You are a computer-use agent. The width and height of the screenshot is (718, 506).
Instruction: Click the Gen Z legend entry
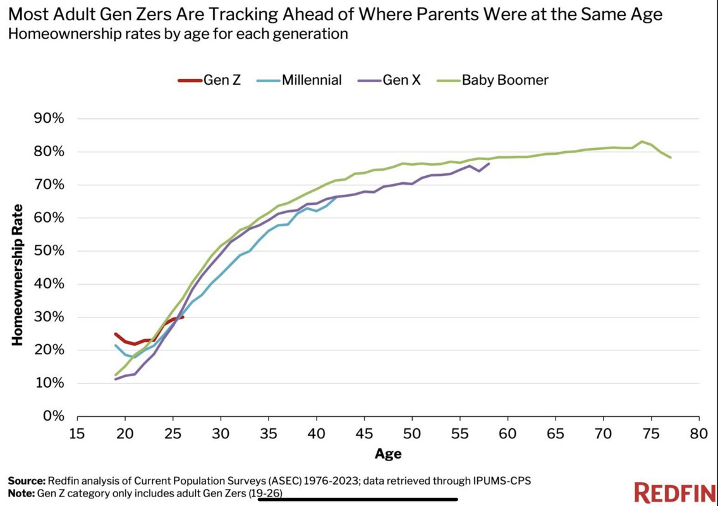[x=209, y=80]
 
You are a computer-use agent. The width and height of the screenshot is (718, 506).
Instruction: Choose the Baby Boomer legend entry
[x=492, y=80]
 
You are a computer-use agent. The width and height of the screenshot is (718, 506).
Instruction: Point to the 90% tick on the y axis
[x=49, y=119]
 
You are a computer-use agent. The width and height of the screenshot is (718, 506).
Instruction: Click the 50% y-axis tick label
[x=49, y=250]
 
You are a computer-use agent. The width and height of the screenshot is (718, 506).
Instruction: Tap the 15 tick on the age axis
[x=77, y=433]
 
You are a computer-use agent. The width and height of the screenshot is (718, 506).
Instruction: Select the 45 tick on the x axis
[x=364, y=433]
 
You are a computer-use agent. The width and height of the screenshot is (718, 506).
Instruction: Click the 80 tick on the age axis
[x=699, y=433]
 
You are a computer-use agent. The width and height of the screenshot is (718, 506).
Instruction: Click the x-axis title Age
[x=388, y=454]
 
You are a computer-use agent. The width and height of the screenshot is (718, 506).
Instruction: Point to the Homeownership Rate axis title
[x=17, y=275]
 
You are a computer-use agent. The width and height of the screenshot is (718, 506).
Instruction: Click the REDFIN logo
[x=674, y=492]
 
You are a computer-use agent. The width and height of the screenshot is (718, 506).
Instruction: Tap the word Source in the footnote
[x=27, y=481]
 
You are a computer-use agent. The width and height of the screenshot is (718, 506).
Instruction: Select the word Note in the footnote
[x=21, y=493]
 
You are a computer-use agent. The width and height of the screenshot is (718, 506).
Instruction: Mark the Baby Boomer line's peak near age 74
[x=642, y=141]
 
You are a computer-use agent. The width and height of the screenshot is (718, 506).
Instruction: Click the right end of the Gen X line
[x=489, y=164]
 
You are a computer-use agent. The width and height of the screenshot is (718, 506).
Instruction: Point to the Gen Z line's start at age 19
[x=116, y=334]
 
